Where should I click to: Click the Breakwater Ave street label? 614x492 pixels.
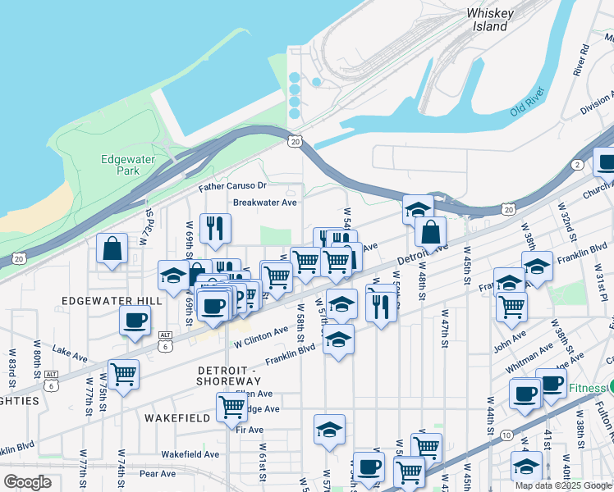pyautogui.click(x=264, y=203)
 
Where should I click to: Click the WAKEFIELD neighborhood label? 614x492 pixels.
pyautogui.click(x=173, y=417)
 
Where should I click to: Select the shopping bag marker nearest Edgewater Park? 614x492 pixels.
pyautogui.click(x=112, y=248)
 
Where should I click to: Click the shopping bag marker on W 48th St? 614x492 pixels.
pyautogui.click(x=430, y=232)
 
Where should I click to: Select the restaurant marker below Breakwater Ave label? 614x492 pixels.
pyautogui.click(x=215, y=229)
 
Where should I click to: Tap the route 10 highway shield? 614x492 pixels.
pyautogui.click(x=506, y=434)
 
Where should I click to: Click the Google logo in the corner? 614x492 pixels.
pyautogui.click(x=27, y=482)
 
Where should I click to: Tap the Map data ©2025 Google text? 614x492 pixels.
pyautogui.click(x=564, y=485)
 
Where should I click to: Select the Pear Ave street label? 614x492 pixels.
pyautogui.click(x=158, y=474)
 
